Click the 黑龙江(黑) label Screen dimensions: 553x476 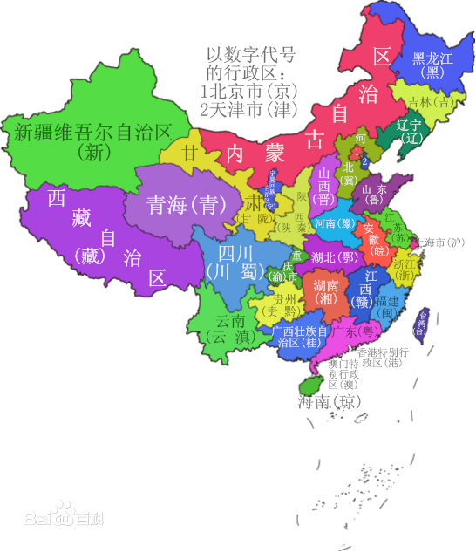tap(433, 65)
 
